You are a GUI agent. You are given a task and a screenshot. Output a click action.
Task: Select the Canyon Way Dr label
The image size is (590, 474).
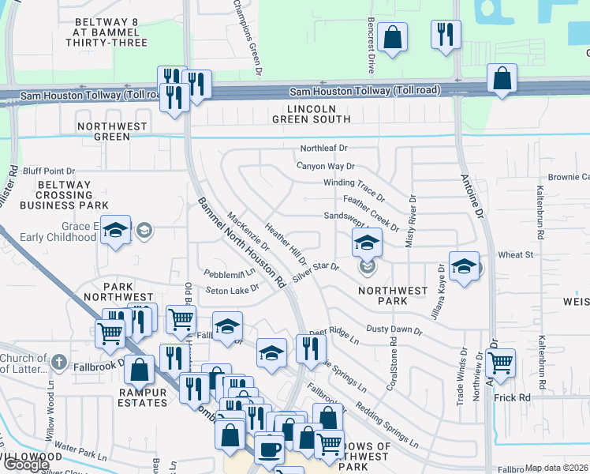click(x=326, y=167)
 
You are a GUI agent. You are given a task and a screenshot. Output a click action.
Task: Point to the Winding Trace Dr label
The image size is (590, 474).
click(x=353, y=187)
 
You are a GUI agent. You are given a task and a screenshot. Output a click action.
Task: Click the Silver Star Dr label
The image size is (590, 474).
click(x=315, y=273)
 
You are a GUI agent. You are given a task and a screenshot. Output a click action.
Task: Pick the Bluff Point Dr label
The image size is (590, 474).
click(x=49, y=171)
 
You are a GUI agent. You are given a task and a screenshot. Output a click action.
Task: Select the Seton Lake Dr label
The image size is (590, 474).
click(x=233, y=291)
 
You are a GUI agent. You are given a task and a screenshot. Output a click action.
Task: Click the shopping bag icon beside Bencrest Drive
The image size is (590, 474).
click(x=392, y=37)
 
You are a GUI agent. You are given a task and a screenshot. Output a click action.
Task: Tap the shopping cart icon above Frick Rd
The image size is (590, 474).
click(x=501, y=363)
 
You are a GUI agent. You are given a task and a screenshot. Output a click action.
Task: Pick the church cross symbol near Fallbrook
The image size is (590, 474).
click(x=58, y=363)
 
